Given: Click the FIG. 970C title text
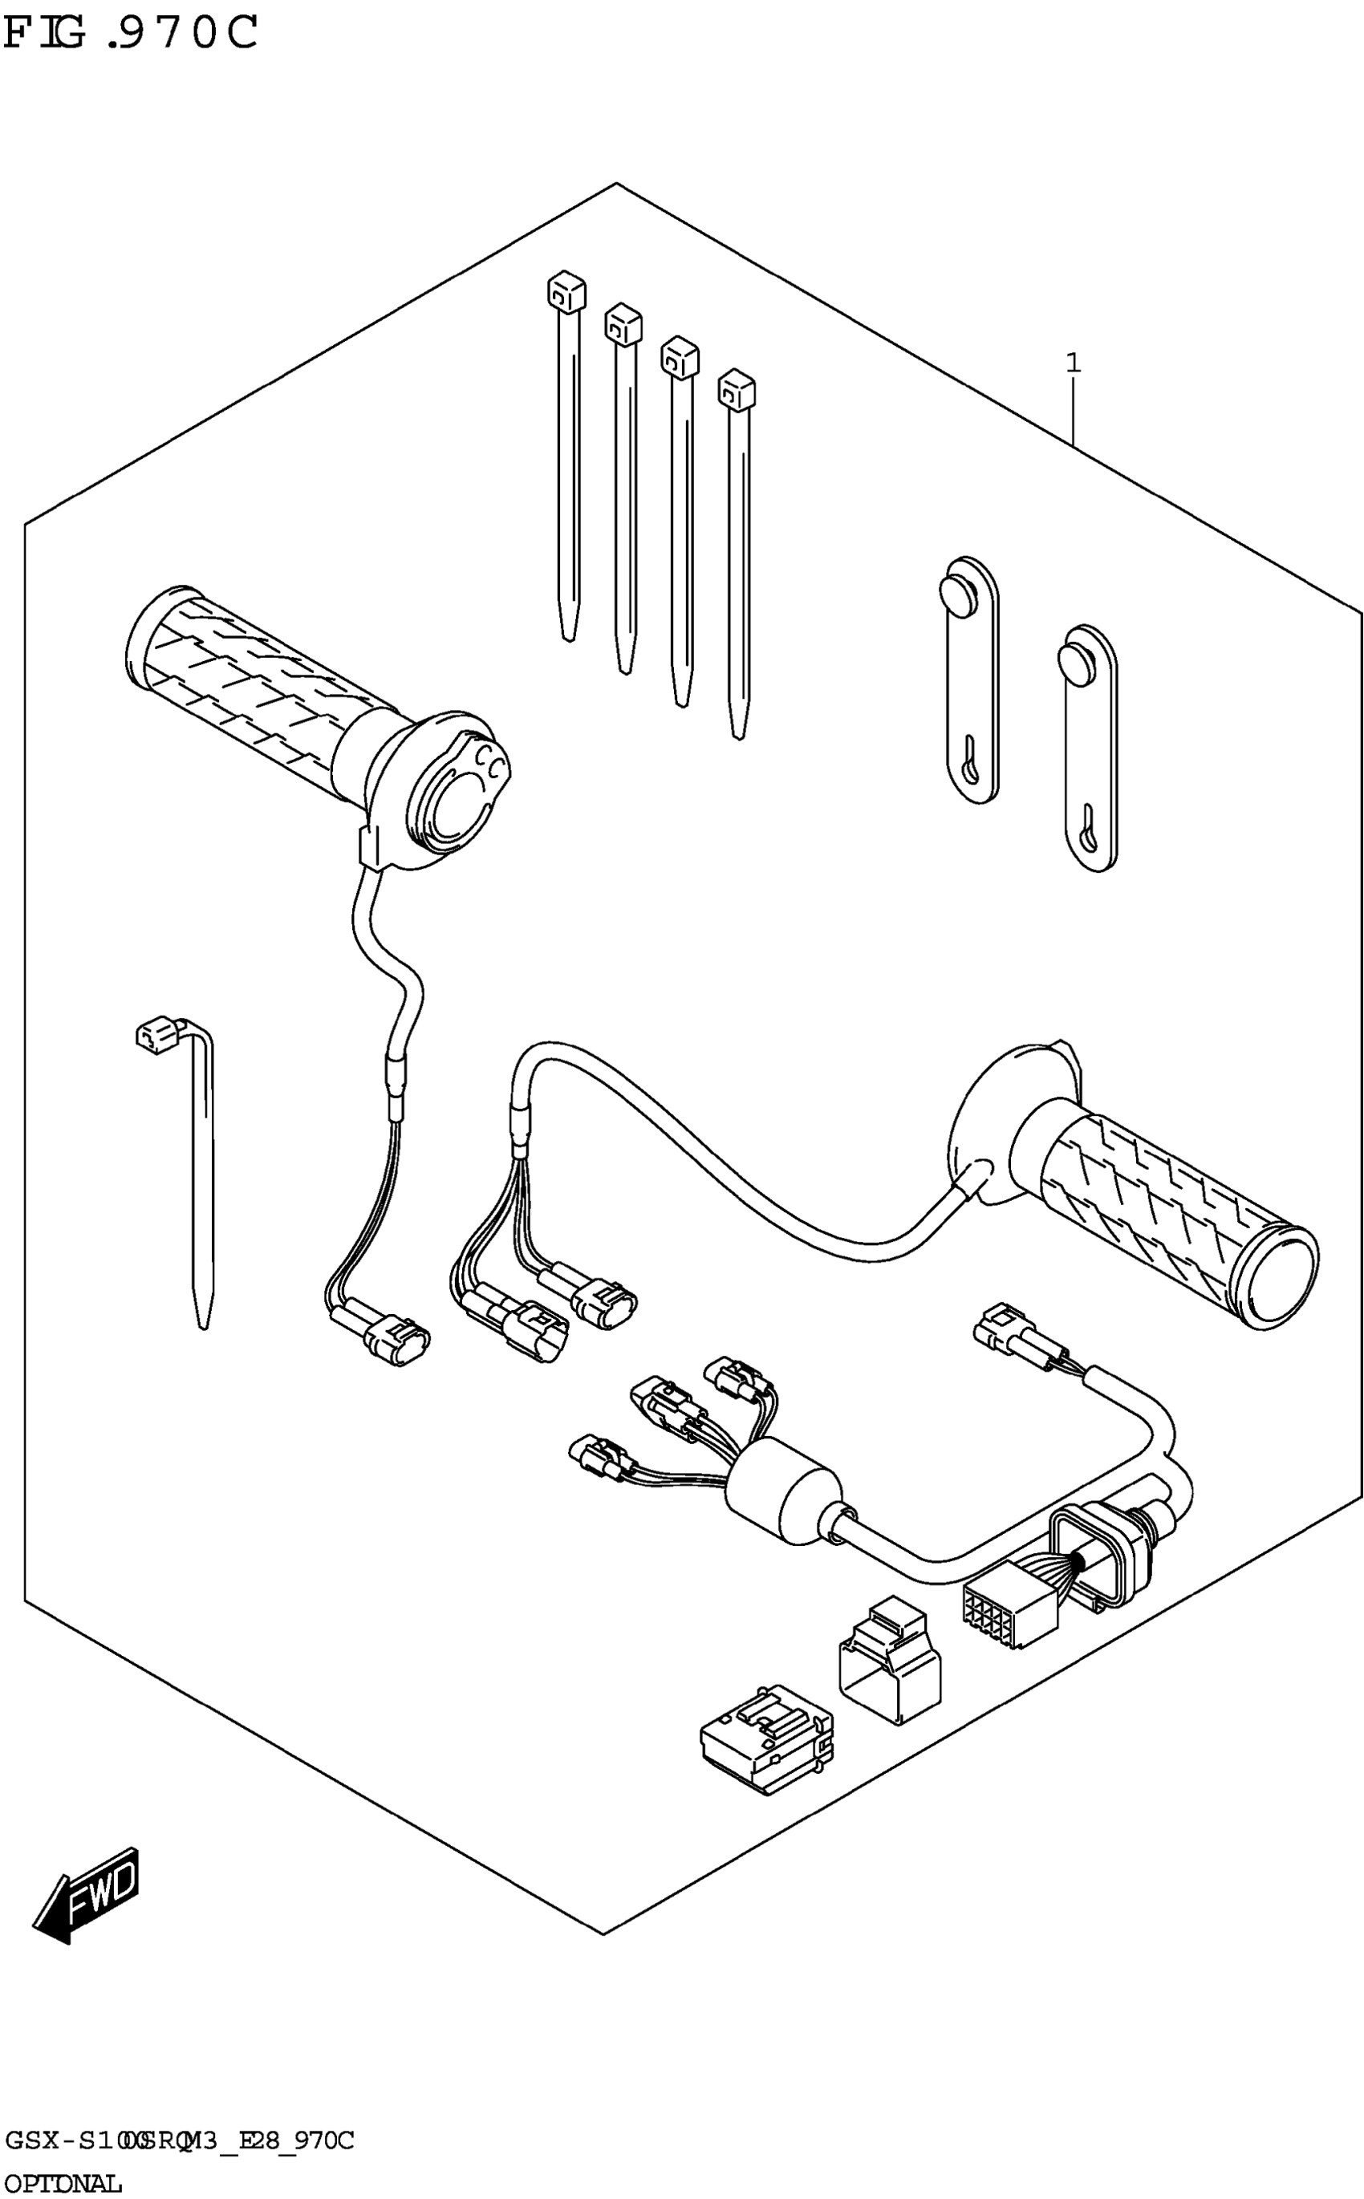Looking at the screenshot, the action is (131, 34).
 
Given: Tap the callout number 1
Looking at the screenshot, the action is (1073, 363).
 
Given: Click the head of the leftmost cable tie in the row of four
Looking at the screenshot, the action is (566, 290).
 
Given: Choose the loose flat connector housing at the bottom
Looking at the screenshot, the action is (767, 1738).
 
